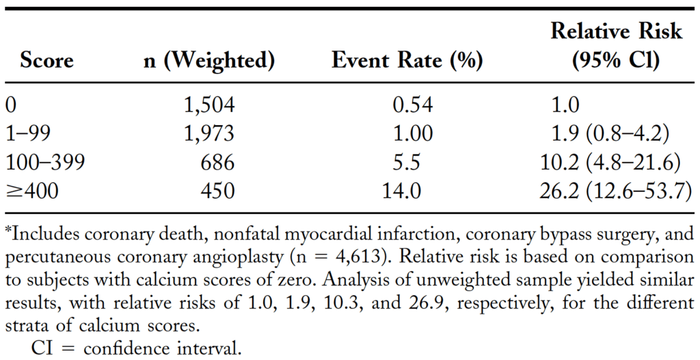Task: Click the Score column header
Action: (46, 61)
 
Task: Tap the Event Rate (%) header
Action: (407, 61)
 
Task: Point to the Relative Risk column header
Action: (616, 45)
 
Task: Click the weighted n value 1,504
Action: (209, 105)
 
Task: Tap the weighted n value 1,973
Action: (209, 134)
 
